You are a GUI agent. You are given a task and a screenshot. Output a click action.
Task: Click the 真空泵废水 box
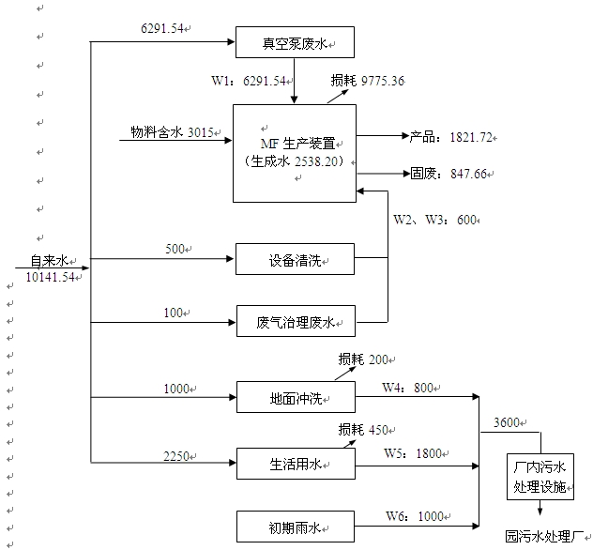point(295,42)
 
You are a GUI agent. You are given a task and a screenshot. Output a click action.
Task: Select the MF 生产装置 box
point(295,152)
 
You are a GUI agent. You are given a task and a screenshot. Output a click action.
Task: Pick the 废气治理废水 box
point(295,322)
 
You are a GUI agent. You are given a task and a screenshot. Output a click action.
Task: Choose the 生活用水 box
point(295,462)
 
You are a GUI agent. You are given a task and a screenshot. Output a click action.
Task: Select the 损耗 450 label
point(366,431)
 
